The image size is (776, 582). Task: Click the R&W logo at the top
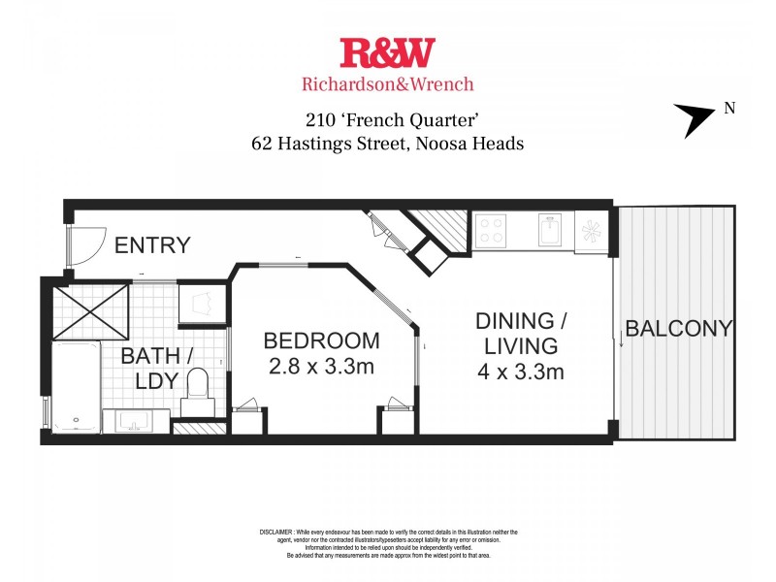click(x=387, y=52)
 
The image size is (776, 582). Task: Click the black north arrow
click(x=694, y=120)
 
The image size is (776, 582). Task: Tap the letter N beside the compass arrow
click(x=729, y=109)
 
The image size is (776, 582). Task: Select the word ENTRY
click(x=152, y=245)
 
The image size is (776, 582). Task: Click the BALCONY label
click(x=678, y=328)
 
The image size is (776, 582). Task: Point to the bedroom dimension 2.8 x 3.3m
click(x=320, y=367)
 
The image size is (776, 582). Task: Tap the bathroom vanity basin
click(x=137, y=421)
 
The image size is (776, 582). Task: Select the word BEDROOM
click(x=320, y=341)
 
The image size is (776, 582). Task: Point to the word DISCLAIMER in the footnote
click(x=281, y=533)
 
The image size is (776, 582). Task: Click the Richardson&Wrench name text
click(x=387, y=83)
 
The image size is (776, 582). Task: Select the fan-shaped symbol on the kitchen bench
click(x=591, y=231)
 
